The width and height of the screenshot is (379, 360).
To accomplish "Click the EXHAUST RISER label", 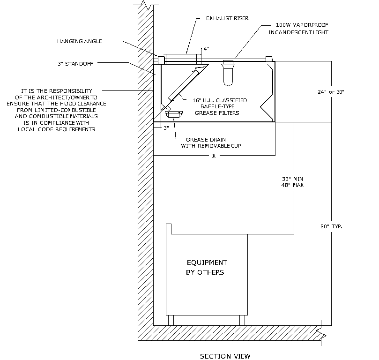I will click(x=227, y=19).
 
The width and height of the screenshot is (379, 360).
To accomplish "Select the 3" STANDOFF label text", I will click(x=73, y=64).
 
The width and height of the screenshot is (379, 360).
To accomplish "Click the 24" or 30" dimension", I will click(x=330, y=92).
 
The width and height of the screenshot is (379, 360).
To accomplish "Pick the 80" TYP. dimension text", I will click(x=331, y=227).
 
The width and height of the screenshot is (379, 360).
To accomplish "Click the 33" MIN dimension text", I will click(x=293, y=179).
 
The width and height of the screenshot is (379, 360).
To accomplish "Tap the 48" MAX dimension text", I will click(x=293, y=186).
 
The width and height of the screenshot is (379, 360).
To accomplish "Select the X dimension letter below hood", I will click(x=214, y=156).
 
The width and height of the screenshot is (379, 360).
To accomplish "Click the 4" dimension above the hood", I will click(x=205, y=49).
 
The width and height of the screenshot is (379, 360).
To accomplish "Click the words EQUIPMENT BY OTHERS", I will click(x=206, y=268).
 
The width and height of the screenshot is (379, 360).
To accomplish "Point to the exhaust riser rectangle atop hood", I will click(x=183, y=58).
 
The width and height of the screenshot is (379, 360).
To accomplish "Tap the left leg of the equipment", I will click(x=171, y=320).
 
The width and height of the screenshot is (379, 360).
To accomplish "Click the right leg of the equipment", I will click(x=242, y=320).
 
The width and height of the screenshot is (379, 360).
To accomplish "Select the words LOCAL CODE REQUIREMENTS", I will click(x=56, y=129).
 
